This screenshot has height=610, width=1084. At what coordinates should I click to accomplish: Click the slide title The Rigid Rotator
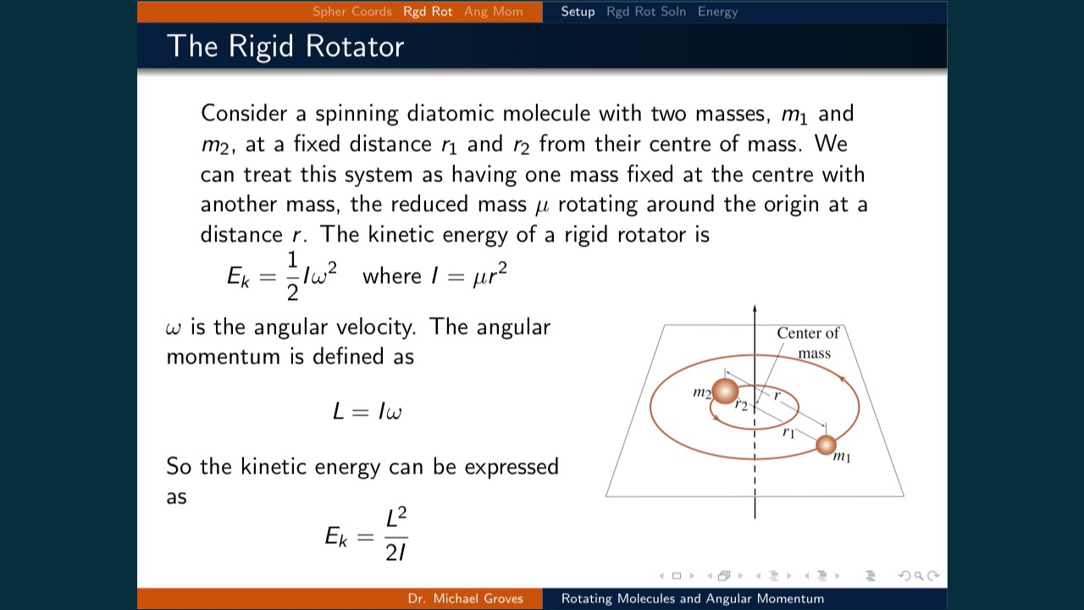(x=285, y=46)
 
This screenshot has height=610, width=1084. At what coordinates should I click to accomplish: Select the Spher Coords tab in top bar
(x=351, y=12)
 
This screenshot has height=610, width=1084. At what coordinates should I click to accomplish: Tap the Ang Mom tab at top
(x=493, y=12)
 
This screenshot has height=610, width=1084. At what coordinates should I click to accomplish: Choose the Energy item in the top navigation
(x=717, y=12)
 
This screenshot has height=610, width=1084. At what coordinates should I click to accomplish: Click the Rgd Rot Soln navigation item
(x=645, y=12)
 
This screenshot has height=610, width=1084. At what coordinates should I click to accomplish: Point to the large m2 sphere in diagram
(x=725, y=391)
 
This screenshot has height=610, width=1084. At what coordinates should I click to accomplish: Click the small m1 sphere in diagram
(x=826, y=444)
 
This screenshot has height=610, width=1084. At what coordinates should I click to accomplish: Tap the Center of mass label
(x=808, y=342)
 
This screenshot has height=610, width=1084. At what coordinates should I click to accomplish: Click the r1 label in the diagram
(x=788, y=432)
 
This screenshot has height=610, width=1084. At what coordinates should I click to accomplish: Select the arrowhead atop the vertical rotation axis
(x=755, y=310)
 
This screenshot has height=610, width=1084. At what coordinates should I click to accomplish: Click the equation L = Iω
(x=367, y=412)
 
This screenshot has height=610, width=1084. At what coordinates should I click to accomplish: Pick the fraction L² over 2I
(x=395, y=535)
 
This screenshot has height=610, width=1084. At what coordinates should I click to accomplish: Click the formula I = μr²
(x=469, y=276)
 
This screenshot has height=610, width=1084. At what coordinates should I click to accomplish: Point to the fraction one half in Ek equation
(x=292, y=276)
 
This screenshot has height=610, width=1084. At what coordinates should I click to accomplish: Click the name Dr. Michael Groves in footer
(x=465, y=599)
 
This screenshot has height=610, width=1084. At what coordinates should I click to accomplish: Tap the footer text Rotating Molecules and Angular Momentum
(x=692, y=599)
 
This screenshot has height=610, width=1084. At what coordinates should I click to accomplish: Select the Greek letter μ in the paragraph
(x=542, y=206)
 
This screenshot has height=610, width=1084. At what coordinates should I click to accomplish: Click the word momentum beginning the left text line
(x=223, y=357)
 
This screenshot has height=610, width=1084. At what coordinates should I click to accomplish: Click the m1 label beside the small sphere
(x=842, y=457)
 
